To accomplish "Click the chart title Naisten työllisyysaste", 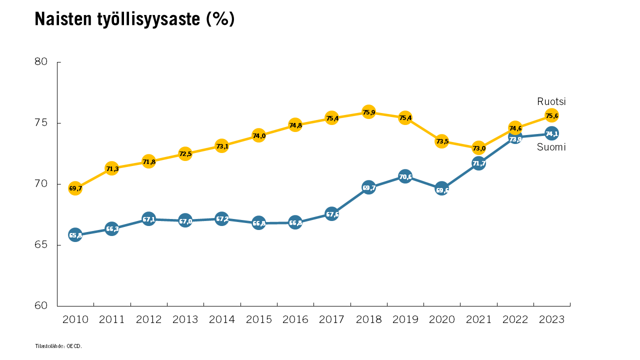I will point(134,19).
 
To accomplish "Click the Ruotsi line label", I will point(551,101).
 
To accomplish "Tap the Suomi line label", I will point(551,147).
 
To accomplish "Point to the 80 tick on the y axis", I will point(41,62).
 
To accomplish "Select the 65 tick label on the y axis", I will point(41,245).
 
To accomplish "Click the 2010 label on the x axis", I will point(75,319).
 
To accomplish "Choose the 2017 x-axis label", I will point(332,319).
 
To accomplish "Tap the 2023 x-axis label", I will point(551,319).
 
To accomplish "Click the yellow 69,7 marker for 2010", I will point(75,188).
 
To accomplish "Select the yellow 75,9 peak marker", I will point(368,112).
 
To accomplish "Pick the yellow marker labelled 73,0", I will point(478,148).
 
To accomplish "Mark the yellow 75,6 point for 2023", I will point(551,115).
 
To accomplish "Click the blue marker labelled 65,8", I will point(75,235).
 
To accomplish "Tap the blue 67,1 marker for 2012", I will point(148,219).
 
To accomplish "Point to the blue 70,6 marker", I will point(405,176).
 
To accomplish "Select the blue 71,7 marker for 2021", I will point(478,163).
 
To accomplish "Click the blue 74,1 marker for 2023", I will point(551,133).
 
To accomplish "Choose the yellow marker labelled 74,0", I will point(258,135).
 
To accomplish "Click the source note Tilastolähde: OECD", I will point(58,346).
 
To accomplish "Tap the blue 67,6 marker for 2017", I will point(332,214).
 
